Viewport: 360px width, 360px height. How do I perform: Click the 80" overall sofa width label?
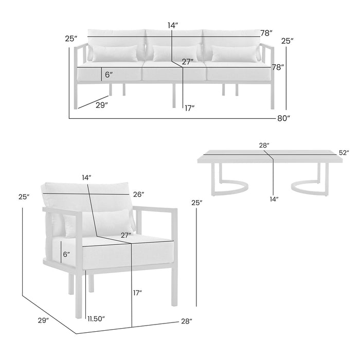tap(283, 118)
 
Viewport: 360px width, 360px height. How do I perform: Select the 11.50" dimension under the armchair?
tap(96, 319)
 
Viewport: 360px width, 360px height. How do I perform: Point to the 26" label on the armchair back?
tap(137, 194)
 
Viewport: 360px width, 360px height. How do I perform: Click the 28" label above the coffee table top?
tap(264, 146)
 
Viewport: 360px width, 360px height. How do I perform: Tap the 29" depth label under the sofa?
tap(101, 105)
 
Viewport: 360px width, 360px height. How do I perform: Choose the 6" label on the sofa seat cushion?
tap(109, 75)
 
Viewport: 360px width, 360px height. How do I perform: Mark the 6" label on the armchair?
tap(65, 254)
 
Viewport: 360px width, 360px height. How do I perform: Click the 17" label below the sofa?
tap(189, 108)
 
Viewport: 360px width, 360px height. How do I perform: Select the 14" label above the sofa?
tap(172, 25)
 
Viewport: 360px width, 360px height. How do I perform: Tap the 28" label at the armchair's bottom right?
tap(186, 321)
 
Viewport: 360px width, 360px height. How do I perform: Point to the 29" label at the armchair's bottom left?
tap(43, 320)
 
